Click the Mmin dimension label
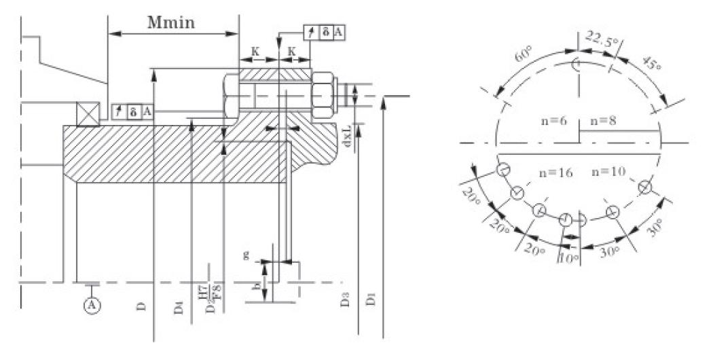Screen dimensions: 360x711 click(171, 22)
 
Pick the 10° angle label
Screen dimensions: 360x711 click(568, 259)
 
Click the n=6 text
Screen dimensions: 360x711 click(553, 122)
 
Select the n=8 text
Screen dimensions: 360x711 click(604, 122)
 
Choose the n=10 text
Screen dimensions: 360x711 click(608, 171)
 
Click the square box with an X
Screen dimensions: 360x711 click(88, 113)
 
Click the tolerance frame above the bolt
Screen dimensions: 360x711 click(324, 32)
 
